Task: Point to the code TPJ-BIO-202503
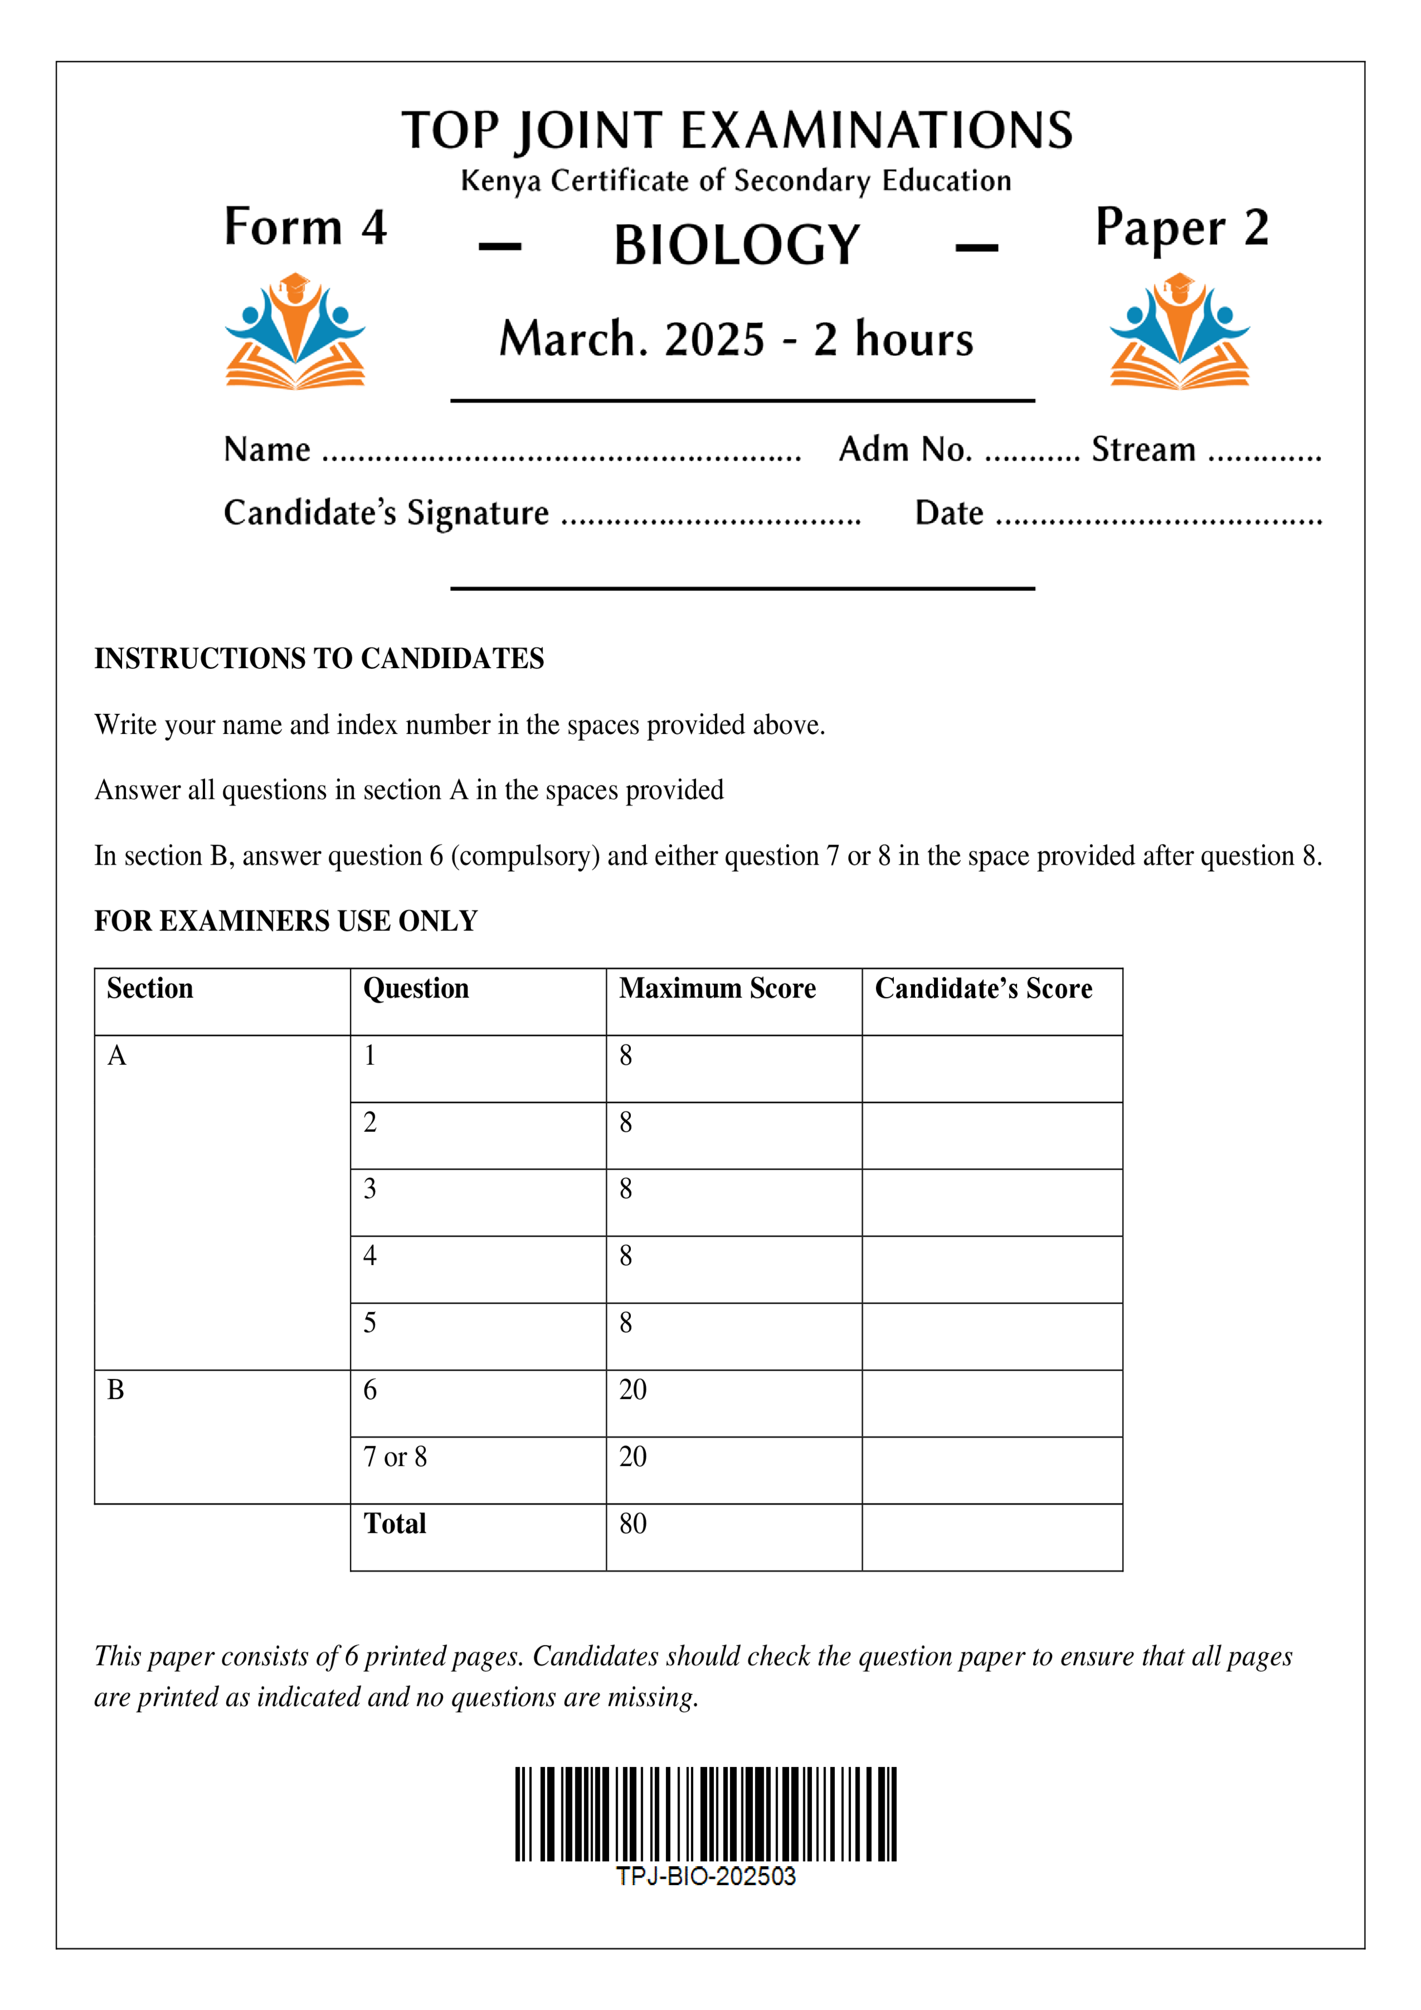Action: [x=706, y=1875]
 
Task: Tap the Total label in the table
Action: [x=395, y=1524]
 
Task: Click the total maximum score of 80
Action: [x=633, y=1524]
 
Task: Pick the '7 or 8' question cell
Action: [x=395, y=1457]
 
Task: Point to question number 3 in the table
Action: [x=370, y=1189]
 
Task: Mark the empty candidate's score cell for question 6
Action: [x=991, y=1403]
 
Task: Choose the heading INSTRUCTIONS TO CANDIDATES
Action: [x=319, y=658]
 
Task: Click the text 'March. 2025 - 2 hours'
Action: [x=736, y=340]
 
